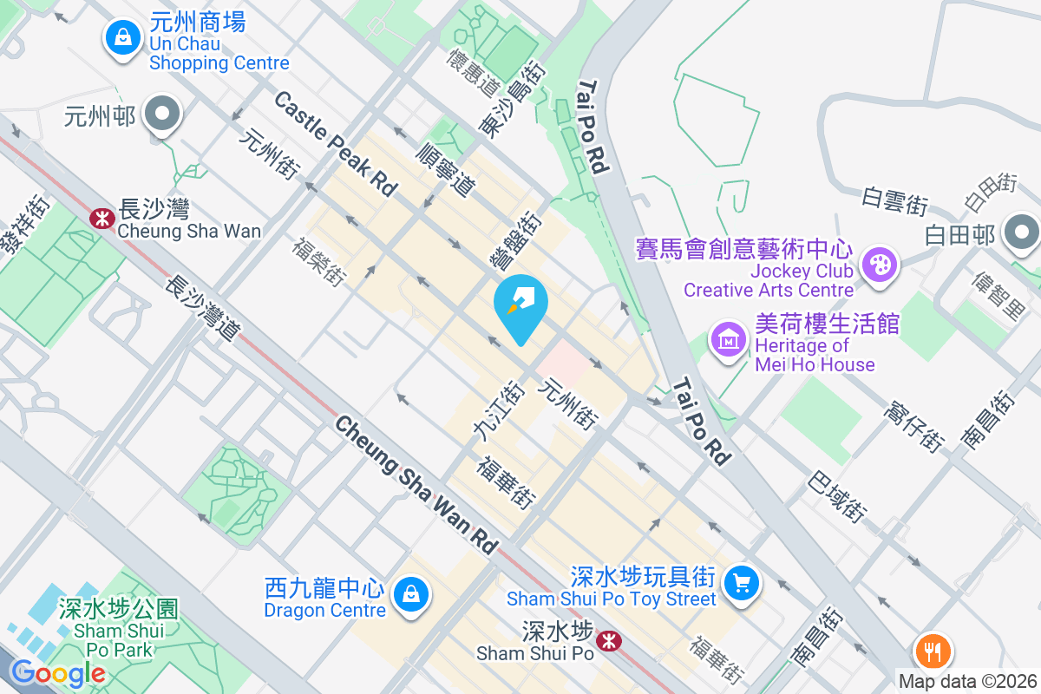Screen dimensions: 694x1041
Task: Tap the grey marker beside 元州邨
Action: (x=161, y=114)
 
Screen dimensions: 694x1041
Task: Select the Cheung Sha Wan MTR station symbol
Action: (x=101, y=218)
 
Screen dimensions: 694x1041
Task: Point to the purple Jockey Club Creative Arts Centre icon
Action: (x=880, y=265)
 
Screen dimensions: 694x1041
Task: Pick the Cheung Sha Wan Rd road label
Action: (x=417, y=485)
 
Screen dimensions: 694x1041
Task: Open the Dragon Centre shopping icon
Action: (x=408, y=595)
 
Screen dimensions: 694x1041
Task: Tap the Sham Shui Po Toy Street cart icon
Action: (x=741, y=583)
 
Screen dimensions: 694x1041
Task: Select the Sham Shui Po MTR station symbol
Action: (x=611, y=641)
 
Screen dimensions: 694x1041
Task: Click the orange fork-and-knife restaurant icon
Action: (x=933, y=650)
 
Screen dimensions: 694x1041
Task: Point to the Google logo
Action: (x=57, y=672)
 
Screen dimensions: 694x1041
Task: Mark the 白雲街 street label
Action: (x=894, y=201)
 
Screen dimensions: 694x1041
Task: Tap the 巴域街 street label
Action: (x=837, y=496)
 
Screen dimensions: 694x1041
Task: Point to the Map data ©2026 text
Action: (x=967, y=682)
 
